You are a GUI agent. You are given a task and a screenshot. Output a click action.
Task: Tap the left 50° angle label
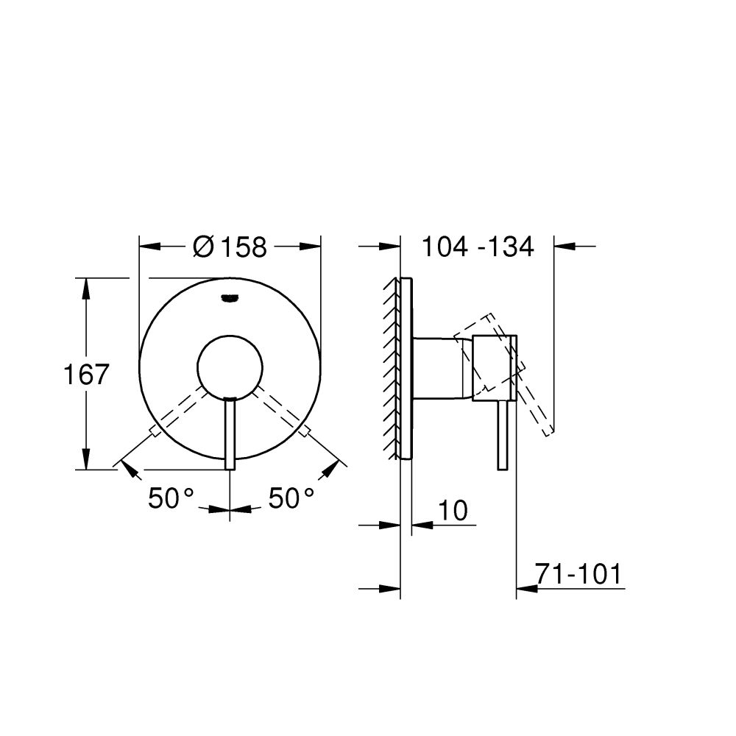[x=171, y=498]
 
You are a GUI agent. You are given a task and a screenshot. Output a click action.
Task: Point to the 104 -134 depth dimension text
[x=477, y=247]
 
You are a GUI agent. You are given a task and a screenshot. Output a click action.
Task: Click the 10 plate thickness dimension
[x=453, y=510]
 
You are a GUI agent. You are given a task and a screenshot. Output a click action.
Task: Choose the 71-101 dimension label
[x=578, y=574]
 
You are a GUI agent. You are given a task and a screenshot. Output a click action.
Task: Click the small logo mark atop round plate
[x=230, y=298]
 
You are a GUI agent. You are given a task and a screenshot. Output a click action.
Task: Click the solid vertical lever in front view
[x=230, y=434]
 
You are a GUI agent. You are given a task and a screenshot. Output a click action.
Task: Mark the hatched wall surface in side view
[x=391, y=368]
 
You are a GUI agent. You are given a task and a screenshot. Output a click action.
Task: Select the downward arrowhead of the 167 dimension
[x=86, y=459]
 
